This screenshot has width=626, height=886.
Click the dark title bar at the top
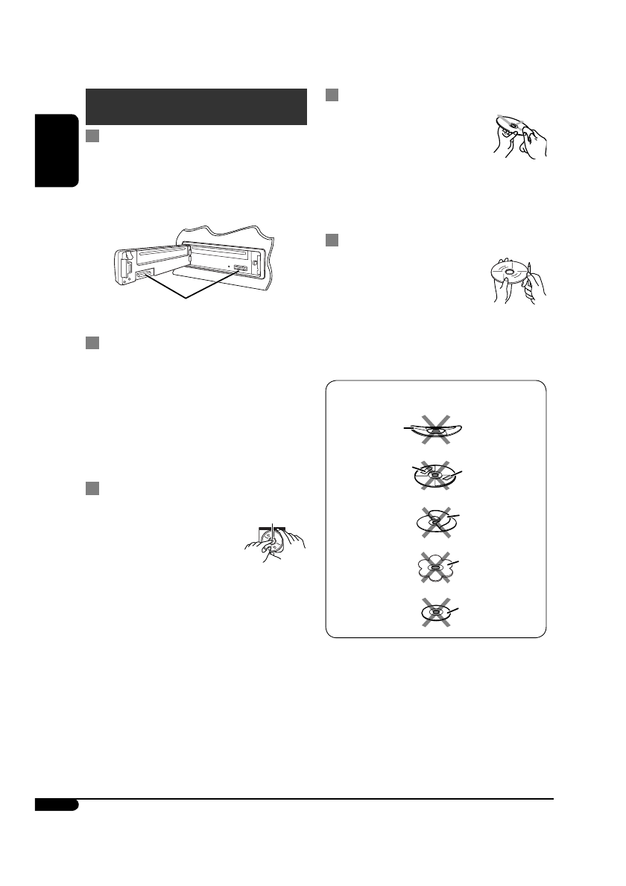[x=197, y=107]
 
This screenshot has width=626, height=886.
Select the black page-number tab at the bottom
[x=56, y=806]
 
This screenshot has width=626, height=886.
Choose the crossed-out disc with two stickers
[x=434, y=475]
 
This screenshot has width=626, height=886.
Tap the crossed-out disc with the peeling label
[x=434, y=522]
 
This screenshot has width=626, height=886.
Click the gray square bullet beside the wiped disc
[x=333, y=95]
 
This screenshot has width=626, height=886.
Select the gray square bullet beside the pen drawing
[x=333, y=240]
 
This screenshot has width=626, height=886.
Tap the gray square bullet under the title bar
[x=92, y=137]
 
